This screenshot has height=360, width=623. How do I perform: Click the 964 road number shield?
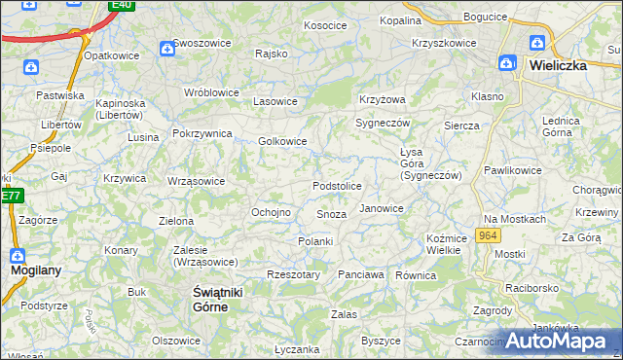(490, 236)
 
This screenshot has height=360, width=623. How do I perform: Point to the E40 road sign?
(122, 5)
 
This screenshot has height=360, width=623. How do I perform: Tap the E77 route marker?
(10, 196)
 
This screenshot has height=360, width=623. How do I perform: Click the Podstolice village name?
(337, 186)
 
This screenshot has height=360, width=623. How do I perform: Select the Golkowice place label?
(283, 141)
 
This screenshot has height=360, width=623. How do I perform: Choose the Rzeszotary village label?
(293, 275)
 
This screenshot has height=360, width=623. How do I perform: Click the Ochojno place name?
(272, 212)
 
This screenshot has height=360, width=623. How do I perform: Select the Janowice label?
(382, 208)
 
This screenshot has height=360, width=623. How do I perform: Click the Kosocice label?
(325, 25)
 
